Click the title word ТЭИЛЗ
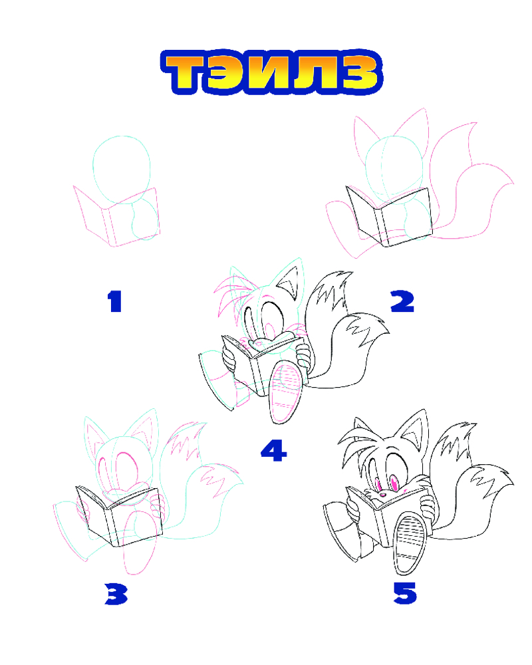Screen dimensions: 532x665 click(x=271, y=72)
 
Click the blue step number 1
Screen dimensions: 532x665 click(x=114, y=301)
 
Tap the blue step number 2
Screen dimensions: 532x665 click(x=402, y=301)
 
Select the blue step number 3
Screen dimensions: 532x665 click(x=116, y=594)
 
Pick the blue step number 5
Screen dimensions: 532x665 click(x=405, y=593)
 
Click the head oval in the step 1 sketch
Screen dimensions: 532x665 click(x=122, y=170)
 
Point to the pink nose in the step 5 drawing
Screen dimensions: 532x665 click(x=382, y=494)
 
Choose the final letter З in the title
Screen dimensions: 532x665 click(x=356, y=72)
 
